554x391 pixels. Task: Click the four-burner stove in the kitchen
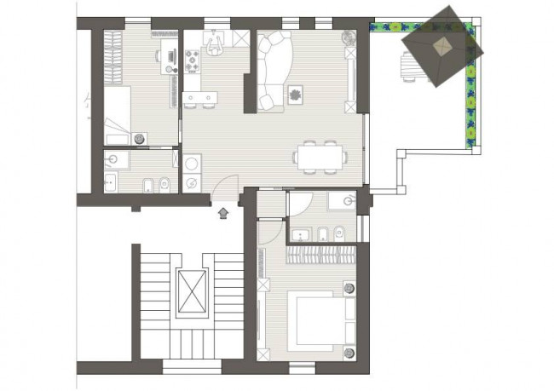click(193, 60)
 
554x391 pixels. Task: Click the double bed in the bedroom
click(317, 320)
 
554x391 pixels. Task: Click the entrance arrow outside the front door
click(223, 211)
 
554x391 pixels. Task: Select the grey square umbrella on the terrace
click(441, 46)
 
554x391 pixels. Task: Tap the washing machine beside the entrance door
click(193, 162)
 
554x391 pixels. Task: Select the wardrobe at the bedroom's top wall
click(319, 254)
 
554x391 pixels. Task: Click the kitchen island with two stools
click(200, 101)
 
